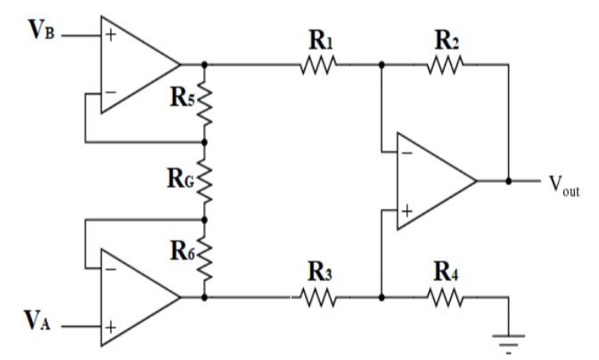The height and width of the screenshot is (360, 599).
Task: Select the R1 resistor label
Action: [x=317, y=40]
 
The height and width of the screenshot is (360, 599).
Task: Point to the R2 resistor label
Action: [x=446, y=40]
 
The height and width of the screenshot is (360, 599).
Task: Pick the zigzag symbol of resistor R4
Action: [x=447, y=297]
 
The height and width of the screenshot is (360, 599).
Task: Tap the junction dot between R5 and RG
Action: [x=205, y=142]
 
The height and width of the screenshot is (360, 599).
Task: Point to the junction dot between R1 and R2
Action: [x=382, y=64]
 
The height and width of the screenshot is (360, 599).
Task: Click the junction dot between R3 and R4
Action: [x=382, y=297]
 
